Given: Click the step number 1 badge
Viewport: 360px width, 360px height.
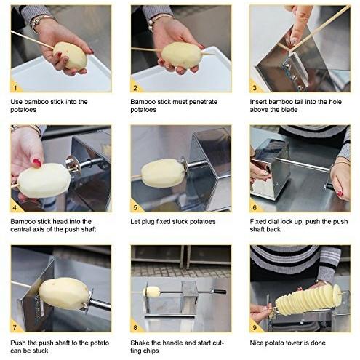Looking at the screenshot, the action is tap(15, 87).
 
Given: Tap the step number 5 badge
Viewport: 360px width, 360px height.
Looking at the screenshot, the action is tap(135, 207).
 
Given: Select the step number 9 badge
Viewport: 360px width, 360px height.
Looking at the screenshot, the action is tap(255, 327).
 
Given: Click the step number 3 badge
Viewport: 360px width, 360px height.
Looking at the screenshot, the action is tap(255, 87).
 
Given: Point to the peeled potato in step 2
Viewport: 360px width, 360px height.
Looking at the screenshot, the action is tap(182, 55).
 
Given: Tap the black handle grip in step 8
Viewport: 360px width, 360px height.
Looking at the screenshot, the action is tap(220, 292).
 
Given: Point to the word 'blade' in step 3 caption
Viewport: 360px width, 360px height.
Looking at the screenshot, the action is tap(289, 110).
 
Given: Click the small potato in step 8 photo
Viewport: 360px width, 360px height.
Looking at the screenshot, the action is tap(152, 292).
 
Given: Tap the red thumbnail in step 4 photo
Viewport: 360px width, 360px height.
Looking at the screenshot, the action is tap(37, 162).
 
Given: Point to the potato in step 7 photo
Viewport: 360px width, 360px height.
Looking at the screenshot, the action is tap(64, 293).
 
